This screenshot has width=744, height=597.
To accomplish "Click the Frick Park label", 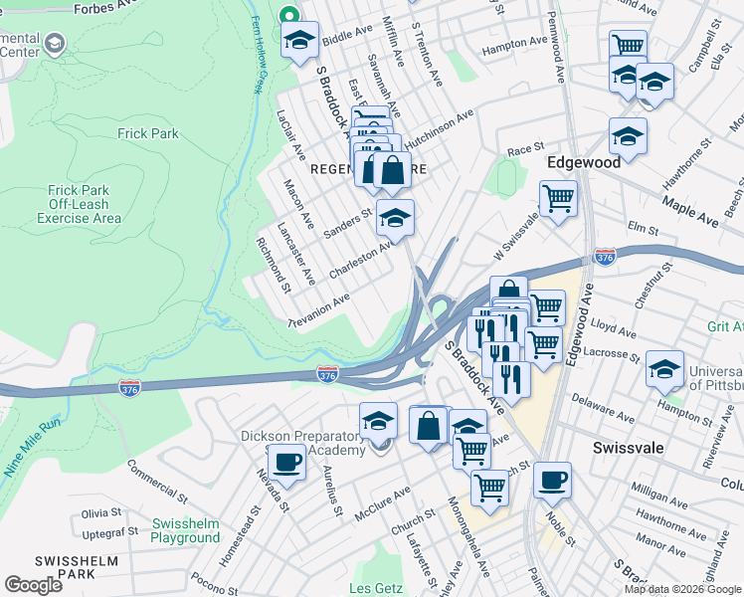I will [x=146, y=133].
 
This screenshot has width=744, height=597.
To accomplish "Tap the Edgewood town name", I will [x=584, y=161].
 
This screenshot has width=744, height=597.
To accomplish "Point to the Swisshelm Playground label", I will [x=185, y=530].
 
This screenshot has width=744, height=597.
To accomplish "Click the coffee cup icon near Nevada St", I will [x=286, y=462].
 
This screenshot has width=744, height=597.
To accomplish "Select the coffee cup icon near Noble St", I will [x=551, y=480].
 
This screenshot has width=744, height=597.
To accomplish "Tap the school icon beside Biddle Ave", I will [x=297, y=41].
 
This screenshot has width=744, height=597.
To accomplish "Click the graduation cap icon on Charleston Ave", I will [x=395, y=218].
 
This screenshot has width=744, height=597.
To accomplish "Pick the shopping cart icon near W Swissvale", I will [x=558, y=198].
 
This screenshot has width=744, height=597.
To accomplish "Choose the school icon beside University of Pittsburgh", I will [x=663, y=368].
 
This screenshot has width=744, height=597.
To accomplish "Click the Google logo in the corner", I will [x=33, y=585].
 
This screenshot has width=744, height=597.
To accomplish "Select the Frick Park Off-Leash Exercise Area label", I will [x=85, y=204].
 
